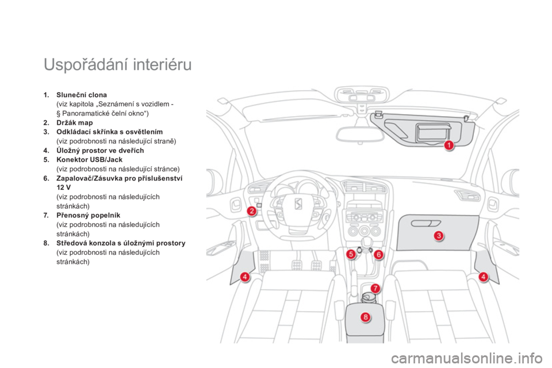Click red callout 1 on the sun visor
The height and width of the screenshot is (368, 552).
[x=448, y=145]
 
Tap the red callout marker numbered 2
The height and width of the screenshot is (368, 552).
[x=251, y=211]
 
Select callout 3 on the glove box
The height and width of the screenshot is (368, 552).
[x=438, y=235]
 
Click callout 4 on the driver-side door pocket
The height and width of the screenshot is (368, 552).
[x=244, y=277]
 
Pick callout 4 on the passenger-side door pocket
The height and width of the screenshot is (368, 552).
[x=483, y=277]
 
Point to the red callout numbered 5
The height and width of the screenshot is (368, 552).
[x=350, y=254]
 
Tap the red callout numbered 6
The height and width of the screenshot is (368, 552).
[x=378, y=254]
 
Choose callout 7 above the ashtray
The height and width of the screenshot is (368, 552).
[x=374, y=288]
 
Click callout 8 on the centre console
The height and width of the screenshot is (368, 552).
[x=366, y=317]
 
